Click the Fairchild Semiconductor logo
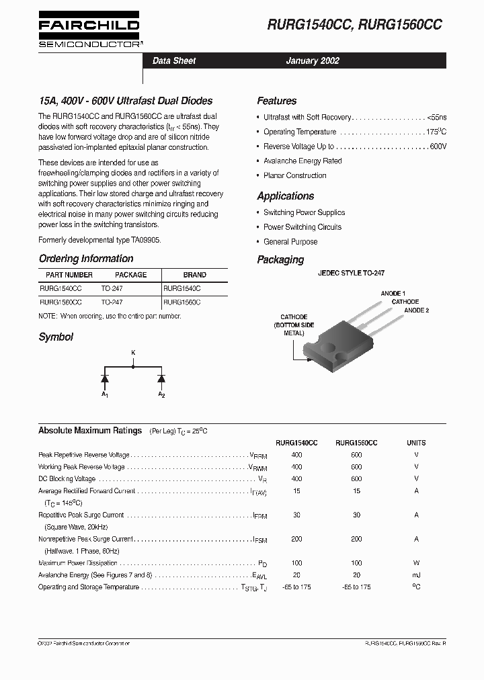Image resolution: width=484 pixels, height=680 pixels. [89, 31]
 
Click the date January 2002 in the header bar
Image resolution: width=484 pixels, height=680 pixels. [313, 60]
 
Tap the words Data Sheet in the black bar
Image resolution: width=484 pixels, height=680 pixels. [174, 60]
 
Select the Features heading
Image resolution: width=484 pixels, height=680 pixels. [276, 101]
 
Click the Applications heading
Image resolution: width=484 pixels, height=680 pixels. [285, 196]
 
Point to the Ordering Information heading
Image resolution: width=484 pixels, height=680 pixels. [86, 259]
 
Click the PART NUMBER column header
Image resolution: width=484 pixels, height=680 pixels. [69, 275]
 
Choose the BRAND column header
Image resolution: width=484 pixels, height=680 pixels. [194, 275]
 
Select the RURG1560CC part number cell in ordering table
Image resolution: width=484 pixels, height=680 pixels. [61, 302]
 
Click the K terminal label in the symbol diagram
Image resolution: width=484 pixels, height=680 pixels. [132, 352]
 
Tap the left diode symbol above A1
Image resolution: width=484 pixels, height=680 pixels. [105, 378]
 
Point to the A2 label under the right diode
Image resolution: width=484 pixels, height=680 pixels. [161, 394]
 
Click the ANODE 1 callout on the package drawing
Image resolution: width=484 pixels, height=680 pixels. [393, 294]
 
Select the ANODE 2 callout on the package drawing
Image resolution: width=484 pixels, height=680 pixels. [416, 310]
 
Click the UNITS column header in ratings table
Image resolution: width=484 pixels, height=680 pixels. [416, 443]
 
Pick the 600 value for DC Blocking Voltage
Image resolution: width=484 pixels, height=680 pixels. [356, 478]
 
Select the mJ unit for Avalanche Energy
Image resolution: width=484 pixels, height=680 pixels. [416, 575]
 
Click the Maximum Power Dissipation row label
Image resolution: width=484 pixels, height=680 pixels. [78, 563]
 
